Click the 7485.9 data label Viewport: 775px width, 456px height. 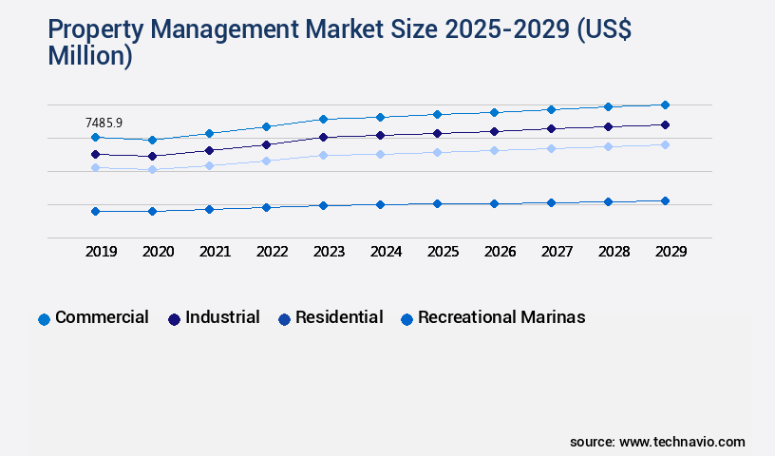point(104,123)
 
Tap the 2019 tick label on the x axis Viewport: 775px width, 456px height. point(102,252)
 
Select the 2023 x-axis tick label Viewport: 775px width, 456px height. point(330,252)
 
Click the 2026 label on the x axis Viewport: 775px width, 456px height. point(501,252)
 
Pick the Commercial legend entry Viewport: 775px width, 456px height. point(101,317)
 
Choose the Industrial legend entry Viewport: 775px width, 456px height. point(221,317)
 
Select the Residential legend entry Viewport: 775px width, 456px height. point(338,317)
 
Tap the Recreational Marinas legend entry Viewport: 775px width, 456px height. point(501,317)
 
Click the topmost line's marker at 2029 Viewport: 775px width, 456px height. point(665,104)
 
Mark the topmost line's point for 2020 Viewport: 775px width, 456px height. point(152,140)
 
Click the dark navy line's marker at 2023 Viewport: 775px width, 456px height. point(323,137)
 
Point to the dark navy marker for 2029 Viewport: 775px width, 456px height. point(665,124)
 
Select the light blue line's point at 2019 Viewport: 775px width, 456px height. point(95,167)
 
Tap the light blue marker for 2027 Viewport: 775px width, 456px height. point(551,148)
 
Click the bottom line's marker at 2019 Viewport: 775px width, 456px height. point(95,211)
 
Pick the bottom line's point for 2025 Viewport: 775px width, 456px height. point(437,203)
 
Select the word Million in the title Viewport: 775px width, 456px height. point(86,56)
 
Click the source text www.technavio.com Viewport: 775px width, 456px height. point(682,442)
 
